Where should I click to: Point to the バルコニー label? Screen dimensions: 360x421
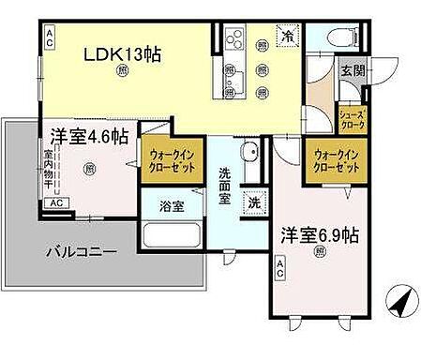click(84, 251)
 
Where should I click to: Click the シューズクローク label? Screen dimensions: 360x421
click(353, 117)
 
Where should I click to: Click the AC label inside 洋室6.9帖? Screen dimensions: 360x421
click(279, 272)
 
